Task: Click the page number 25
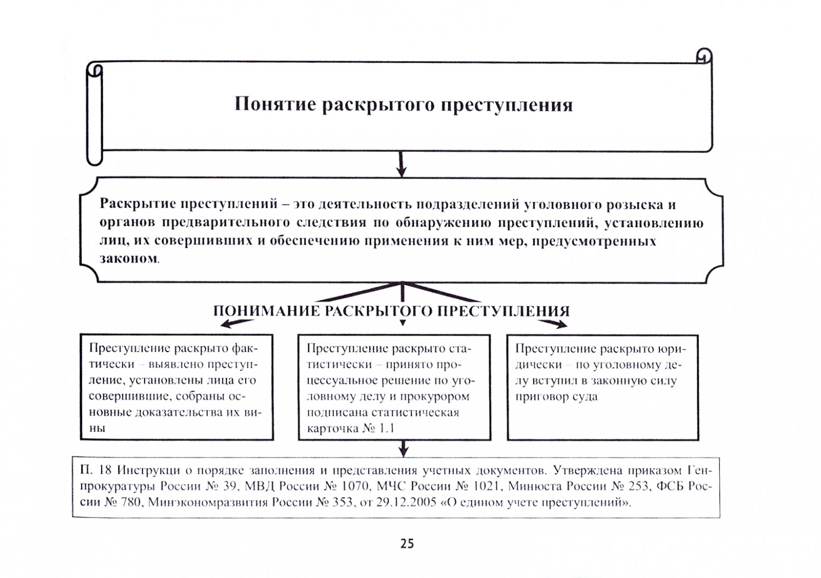pos(407,544)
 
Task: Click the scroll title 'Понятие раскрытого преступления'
pos(404,104)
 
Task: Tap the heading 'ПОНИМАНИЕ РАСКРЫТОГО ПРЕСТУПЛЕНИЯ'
pos(391,311)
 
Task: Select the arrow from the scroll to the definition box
pos(401,164)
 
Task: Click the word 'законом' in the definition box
pos(128,258)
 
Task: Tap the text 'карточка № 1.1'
pos(351,429)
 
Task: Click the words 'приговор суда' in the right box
pos(557,397)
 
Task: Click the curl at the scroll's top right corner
pos(704,56)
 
